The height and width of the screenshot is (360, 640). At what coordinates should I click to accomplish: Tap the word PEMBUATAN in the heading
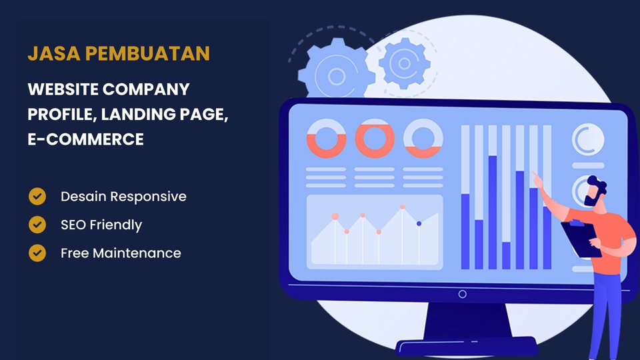(148, 54)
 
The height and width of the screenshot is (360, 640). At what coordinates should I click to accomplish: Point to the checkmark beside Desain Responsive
(37, 197)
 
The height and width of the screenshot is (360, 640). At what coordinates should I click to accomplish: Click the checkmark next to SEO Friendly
(37, 225)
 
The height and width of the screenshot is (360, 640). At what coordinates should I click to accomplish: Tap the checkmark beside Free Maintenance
(37, 253)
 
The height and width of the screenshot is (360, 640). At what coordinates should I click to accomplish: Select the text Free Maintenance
(121, 253)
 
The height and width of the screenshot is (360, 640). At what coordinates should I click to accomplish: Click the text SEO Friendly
(101, 225)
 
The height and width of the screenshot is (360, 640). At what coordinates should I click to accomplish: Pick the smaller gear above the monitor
(403, 64)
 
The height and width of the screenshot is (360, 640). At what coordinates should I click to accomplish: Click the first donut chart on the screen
(326, 139)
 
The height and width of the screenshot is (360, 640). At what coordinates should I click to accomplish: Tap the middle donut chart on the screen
(375, 139)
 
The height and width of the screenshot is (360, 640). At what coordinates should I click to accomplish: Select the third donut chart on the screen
(423, 139)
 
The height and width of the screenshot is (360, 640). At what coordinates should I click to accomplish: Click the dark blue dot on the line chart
(419, 224)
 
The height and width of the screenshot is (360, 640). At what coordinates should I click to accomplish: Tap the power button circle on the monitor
(462, 294)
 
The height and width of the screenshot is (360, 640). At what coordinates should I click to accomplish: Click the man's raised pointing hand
(537, 179)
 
